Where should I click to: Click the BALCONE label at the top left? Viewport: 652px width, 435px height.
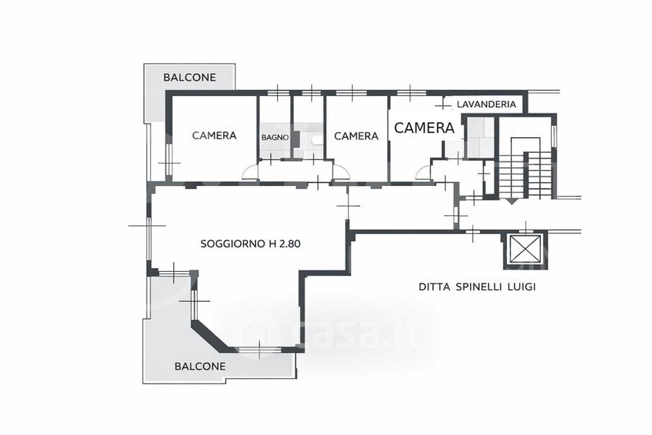(x=190, y=77)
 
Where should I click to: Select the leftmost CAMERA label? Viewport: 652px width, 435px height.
(x=214, y=136)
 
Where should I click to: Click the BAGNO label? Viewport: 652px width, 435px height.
(x=275, y=137)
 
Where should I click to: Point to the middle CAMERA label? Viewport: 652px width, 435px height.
(x=357, y=136)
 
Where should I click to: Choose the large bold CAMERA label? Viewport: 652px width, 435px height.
(x=424, y=128)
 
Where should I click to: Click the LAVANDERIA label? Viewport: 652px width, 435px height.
(x=487, y=104)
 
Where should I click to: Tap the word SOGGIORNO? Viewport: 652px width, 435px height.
(x=233, y=244)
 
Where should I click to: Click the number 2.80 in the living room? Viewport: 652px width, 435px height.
(x=289, y=244)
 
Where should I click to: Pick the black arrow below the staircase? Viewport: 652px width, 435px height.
(x=511, y=202)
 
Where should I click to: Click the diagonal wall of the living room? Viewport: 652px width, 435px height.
(x=210, y=335)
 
